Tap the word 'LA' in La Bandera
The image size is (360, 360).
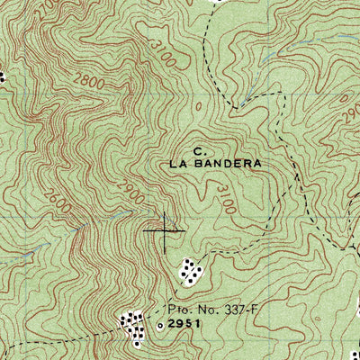tap(177, 165)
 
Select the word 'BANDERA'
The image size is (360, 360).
tap(226, 165)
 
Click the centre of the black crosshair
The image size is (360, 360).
tap(166, 231)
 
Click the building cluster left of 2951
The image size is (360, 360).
tap(134, 326)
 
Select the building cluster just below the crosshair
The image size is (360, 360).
tap(189, 269)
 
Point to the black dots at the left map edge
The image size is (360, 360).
tap(3, 78)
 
